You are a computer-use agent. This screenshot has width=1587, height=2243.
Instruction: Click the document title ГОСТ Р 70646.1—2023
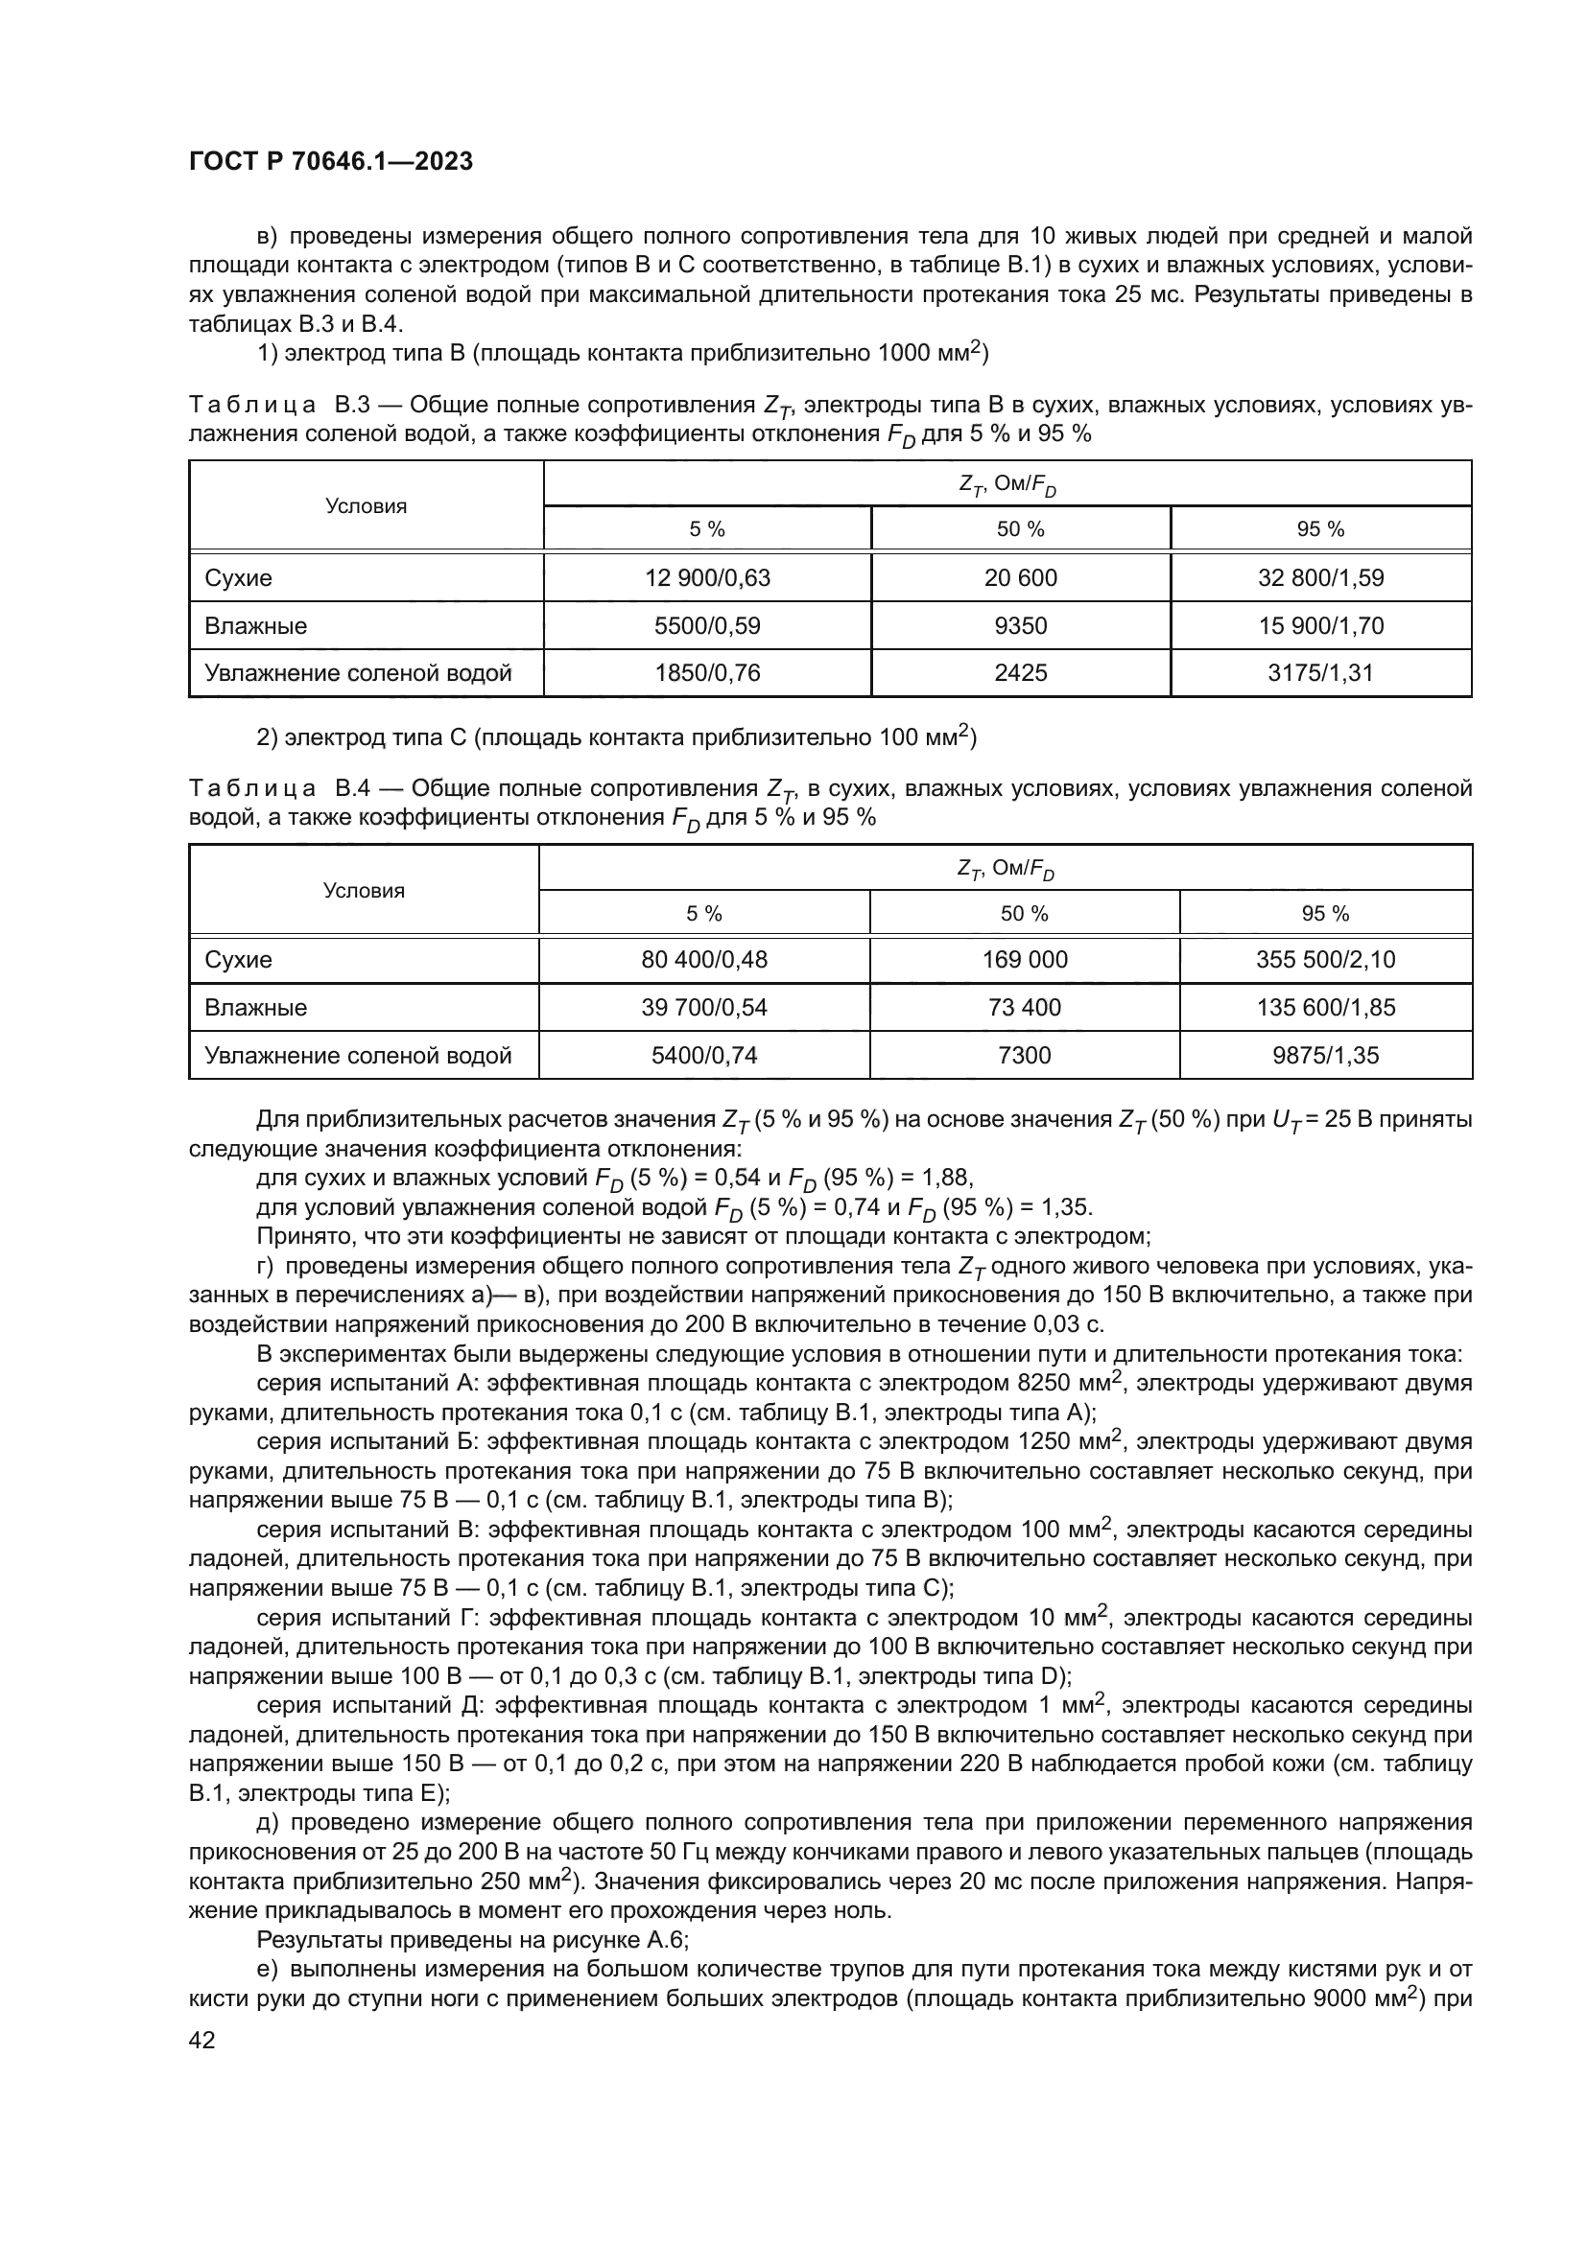(x=330, y=162)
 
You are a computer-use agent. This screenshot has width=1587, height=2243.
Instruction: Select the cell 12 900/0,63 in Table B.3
(x=706, y=577)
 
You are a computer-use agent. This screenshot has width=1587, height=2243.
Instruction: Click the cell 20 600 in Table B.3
(x=1020, y=577)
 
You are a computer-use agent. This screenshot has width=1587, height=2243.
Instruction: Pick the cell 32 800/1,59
(x=1320, y=577)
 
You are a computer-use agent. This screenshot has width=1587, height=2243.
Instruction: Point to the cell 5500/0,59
(x=706, y=625)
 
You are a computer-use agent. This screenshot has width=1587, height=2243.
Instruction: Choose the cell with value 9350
(x=1020, y=625)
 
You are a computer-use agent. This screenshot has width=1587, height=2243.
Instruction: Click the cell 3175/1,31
(x=1320, y=672)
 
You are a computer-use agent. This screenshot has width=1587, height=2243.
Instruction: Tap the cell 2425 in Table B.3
(x=1020, y=672)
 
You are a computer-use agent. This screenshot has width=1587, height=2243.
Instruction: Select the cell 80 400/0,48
(x=703, y=959)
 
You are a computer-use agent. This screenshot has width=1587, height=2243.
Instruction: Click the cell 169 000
(x=1024, y=959)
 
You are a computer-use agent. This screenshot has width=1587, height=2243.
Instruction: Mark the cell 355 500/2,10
(x=1325, y=959)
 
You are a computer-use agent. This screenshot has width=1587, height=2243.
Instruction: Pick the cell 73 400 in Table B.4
(x=1024, y=1007)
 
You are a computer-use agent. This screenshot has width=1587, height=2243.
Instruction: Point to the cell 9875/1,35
(x=1325, y=1055)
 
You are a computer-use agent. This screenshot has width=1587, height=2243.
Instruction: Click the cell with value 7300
(x=1024, y=1055)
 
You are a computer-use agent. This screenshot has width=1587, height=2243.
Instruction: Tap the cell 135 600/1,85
(x=1325, y=1007)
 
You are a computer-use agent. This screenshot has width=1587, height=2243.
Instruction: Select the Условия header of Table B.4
(x=364, y=890)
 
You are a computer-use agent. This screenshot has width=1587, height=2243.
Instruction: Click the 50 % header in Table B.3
(x=1020, y=529)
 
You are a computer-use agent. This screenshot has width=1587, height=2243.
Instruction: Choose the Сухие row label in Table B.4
(x=239, y=959)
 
